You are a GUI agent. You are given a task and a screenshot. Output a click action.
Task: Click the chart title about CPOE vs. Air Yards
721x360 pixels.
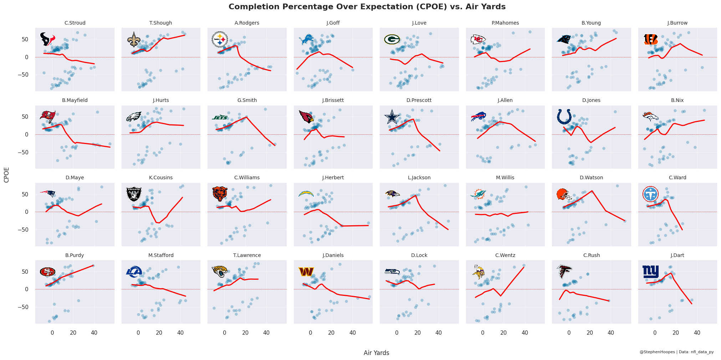tap(367, 7)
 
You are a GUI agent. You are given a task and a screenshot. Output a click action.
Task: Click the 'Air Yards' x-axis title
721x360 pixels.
tap(376, 353)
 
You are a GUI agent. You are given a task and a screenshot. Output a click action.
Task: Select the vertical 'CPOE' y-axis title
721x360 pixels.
tap(6, 175)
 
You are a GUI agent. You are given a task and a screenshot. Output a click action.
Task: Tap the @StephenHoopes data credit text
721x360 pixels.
tap(676, 352)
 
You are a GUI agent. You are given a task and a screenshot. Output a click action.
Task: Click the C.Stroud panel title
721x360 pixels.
tap(75, 23)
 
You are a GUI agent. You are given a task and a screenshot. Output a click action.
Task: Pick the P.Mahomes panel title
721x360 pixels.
tap(505, 23)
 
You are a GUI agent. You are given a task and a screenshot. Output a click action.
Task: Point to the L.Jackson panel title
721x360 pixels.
tap(419, 178)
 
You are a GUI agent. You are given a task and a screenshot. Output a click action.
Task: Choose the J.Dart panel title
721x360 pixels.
tap(677, 255)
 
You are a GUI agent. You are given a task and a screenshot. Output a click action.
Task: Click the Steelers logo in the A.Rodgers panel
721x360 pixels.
tap(220, 40)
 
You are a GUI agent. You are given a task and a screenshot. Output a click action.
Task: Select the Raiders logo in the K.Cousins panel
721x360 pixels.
tap(134, 194)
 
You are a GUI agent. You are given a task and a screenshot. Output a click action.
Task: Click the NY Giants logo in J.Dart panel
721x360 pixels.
tap(650, 272)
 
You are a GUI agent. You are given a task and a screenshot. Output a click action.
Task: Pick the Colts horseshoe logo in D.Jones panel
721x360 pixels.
tap(564, 117)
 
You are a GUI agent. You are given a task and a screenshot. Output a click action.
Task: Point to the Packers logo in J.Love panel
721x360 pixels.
tap(392, 39)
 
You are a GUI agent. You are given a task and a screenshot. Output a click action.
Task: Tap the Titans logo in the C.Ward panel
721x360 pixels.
tap(650, 194)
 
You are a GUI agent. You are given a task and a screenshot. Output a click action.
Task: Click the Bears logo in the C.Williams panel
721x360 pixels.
tap(220, 194)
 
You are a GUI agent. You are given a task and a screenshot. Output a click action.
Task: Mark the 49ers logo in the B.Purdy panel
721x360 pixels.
tap(47, 272)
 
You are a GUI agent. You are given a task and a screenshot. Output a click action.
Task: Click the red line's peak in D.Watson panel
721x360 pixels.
tap(592, 191)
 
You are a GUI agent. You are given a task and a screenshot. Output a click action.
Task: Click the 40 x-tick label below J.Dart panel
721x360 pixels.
tap(697, 333)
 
